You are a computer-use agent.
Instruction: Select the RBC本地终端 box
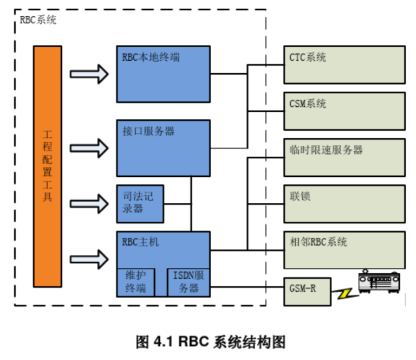pyautogui.click(x=163, y=74)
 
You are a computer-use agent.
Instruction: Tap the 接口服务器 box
pyautogui.click(x=163, y=147)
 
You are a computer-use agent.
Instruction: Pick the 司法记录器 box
pyautogui.click(x=140, y=203)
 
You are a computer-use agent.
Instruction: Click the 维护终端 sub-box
pyautogui.click(x=135, y=282)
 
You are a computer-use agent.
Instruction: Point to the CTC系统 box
pyautogui.click(x=344, y=65)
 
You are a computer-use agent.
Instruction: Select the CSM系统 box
pyautogui.click(x=344, y=111)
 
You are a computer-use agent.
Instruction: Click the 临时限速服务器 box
pyautogui.click(x=344, y=157)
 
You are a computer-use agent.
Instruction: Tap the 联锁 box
pyautogui.click(x=344, y=203)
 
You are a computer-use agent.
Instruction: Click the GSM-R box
pyautogui.click(x=307, y=291)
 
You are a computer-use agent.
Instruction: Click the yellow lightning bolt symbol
pyautogui.click(x=344, y=295)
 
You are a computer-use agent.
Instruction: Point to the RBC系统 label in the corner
pyautogui.click(x=37, y=21)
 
